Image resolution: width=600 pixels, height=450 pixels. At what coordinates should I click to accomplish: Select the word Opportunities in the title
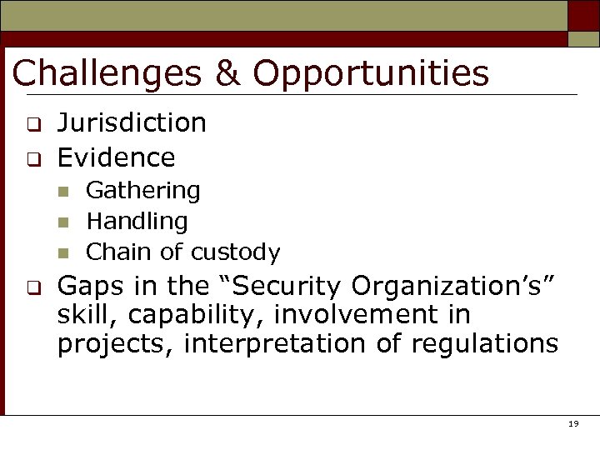[x=371, y=73]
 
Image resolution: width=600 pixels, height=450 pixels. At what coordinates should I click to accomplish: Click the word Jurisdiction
[x=132, y=123]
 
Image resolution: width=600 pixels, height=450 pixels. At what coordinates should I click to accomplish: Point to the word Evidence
[x=116, y=157]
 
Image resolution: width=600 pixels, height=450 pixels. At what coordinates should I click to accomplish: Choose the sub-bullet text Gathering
[x=143, y=191]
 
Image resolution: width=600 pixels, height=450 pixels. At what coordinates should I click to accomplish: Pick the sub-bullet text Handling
[x=137, y=221]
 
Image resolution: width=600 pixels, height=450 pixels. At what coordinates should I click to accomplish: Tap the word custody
[x=236, y=252]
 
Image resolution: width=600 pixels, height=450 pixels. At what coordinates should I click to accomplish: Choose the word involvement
[x=376, y=316]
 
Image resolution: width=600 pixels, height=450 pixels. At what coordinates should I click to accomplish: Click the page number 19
[x=572, y=424]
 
